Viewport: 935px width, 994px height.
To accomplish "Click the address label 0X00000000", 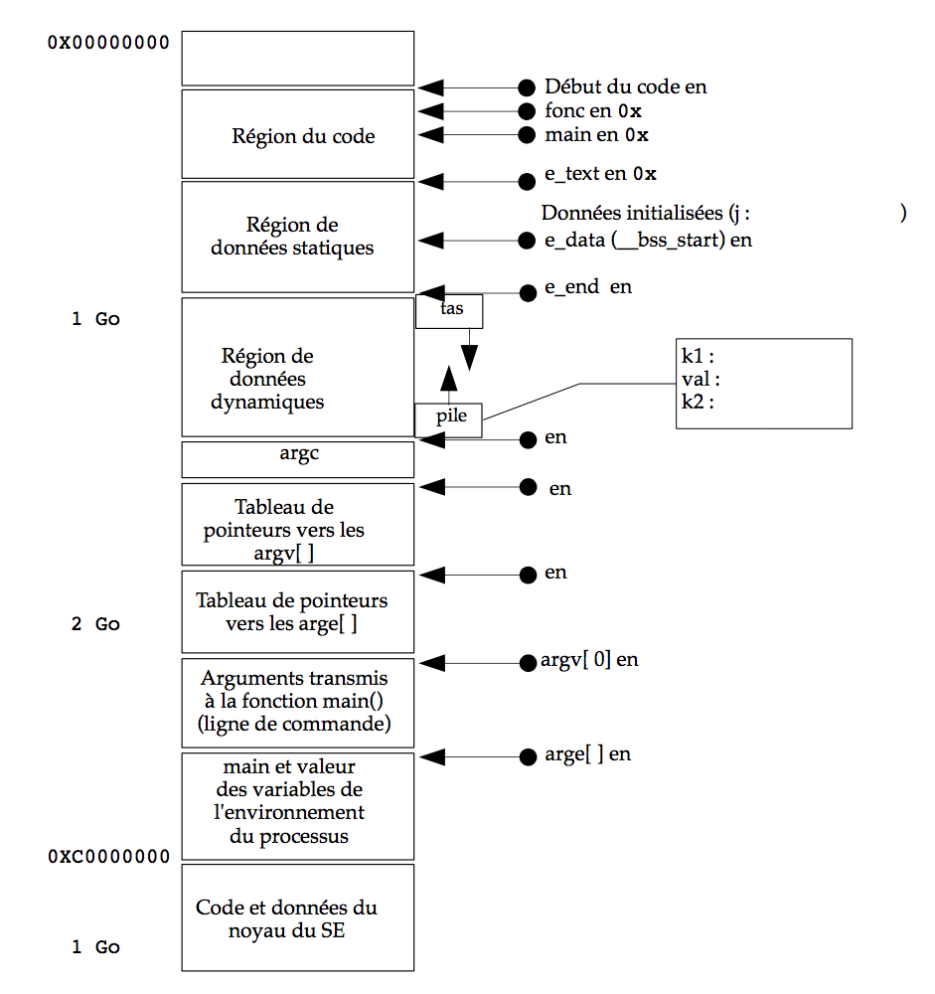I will (x=108, y=43).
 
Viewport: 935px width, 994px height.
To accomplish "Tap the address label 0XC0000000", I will (x=108, y=857).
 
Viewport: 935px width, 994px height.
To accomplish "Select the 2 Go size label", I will (x=95, y=624).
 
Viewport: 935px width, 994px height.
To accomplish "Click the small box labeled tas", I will (x=450, y=311).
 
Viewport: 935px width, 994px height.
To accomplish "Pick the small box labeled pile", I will (x=449, y=418).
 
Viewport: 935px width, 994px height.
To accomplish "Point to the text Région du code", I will (x=303, y=136).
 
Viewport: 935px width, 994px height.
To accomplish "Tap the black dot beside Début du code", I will (x=527, y=87).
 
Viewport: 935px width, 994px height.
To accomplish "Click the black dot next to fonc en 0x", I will (x=527, y=111).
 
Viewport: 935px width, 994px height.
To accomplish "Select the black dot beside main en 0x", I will (x=527, y=135).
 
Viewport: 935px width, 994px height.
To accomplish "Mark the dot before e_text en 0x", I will (x=527, y=182).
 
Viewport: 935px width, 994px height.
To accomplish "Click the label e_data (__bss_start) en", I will (x=648, y=240).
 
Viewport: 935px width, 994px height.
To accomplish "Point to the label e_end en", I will (x=588, y=287).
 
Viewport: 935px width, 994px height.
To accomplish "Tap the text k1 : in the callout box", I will (x=700, y=356).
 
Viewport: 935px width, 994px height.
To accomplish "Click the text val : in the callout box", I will (x=701, y=379).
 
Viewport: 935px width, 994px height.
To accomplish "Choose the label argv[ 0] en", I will (x=589, y=660).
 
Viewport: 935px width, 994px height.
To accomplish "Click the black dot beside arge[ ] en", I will (x=527, y=757).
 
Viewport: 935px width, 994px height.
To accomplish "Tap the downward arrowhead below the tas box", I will (x=470, y=356).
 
